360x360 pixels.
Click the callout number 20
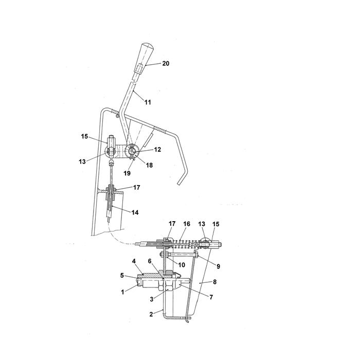tap(166, 63)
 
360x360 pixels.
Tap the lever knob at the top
tap(143, 58)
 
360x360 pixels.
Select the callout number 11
tap(148, 102)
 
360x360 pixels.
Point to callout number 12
tap(157, 150)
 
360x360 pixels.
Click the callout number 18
tap(149, 165)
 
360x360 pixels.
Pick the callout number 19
tap(127, 173)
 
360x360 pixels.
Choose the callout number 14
tap(135, 212)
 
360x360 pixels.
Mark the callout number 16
tap(187, 224)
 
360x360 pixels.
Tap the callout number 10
tap(182, 265)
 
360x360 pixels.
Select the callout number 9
tap(219, 266)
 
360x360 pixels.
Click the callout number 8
tap(214, 282)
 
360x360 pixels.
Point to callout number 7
tap(211, 297)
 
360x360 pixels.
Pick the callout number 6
tap(150, 261)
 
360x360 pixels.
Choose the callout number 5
tap(122, 275)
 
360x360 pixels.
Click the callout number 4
tap(134, 261)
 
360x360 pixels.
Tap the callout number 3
tap(152, 299)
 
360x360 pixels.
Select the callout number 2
tap(151, 314)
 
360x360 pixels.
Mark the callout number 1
tap(122, 292)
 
